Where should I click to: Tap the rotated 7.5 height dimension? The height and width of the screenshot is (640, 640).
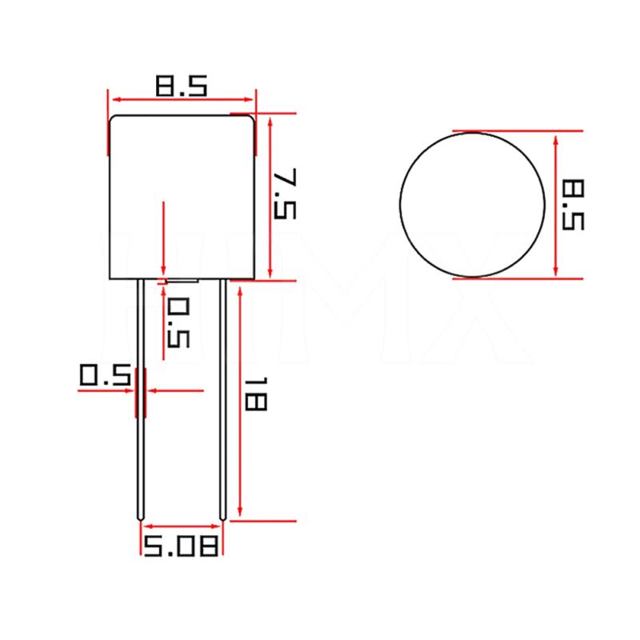(x=285, y=194)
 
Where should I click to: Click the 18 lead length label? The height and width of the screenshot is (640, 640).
(x=255, y=396)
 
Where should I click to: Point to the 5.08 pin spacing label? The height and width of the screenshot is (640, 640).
(x=181, y=546)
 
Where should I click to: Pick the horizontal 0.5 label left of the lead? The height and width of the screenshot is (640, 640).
(x=105, y=376)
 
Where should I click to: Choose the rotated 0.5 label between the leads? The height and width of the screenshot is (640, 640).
(x=178, y=322)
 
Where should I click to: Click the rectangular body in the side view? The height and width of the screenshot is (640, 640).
(x=182, y=196)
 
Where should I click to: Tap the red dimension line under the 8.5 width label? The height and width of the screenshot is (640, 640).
(x=182, y=99)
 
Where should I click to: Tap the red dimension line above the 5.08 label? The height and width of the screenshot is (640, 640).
(x=181, y=526)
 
